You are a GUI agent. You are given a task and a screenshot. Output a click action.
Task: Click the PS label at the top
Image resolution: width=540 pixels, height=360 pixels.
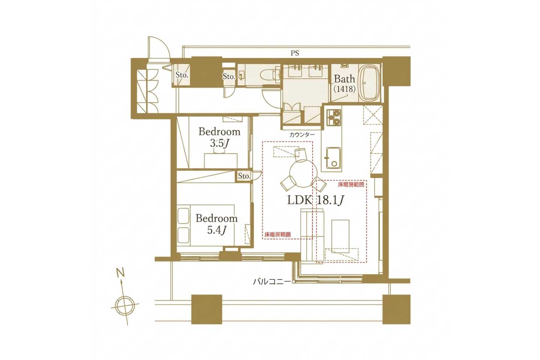(295, 53)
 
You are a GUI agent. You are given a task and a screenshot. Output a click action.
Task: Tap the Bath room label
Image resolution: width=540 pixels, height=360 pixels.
(345, 79)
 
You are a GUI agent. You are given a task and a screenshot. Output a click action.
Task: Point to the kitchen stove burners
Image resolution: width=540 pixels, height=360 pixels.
(334, 117)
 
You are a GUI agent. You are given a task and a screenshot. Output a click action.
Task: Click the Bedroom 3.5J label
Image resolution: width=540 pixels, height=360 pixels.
(219, 138)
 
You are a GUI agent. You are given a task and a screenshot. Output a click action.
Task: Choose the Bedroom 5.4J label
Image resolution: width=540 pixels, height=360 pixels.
(216, 224)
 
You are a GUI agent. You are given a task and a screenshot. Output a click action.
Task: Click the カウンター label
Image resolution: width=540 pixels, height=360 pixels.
(302, 135)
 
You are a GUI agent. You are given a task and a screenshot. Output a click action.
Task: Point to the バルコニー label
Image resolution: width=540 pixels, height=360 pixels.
(271, 282)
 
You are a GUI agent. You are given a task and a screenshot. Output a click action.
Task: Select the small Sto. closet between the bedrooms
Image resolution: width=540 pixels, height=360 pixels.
(244, 176)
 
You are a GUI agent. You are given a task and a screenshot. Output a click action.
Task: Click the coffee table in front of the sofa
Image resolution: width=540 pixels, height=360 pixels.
(340, 236)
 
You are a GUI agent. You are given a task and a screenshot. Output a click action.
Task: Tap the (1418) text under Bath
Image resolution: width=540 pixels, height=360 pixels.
(345, 89)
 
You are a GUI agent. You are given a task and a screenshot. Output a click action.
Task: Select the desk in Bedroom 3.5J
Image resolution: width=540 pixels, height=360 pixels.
(221, 160)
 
